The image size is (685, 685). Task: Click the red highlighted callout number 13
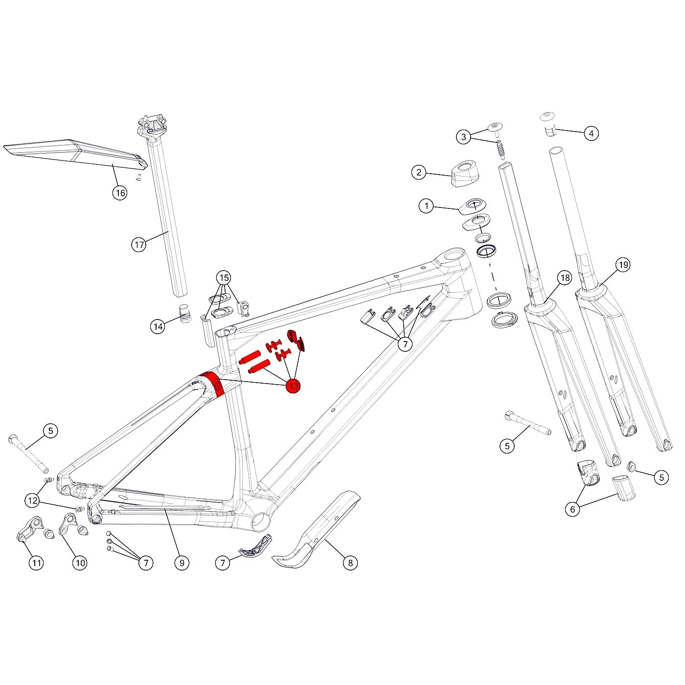(x=293, y=386)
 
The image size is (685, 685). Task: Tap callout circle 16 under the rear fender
(x=120, y=193)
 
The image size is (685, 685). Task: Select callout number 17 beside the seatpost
(x=139, y=245)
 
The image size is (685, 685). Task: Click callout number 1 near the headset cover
(x=426, y=206)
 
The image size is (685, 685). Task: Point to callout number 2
(x=419, y=172)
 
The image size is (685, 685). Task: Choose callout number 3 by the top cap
(x=463, y=137)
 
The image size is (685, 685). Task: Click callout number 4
(x=591, y=133)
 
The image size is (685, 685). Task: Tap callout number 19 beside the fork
(x=623, y=265)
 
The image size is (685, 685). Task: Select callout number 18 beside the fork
(x=565, y=277)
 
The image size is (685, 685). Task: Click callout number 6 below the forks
(x=572, y=509)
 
